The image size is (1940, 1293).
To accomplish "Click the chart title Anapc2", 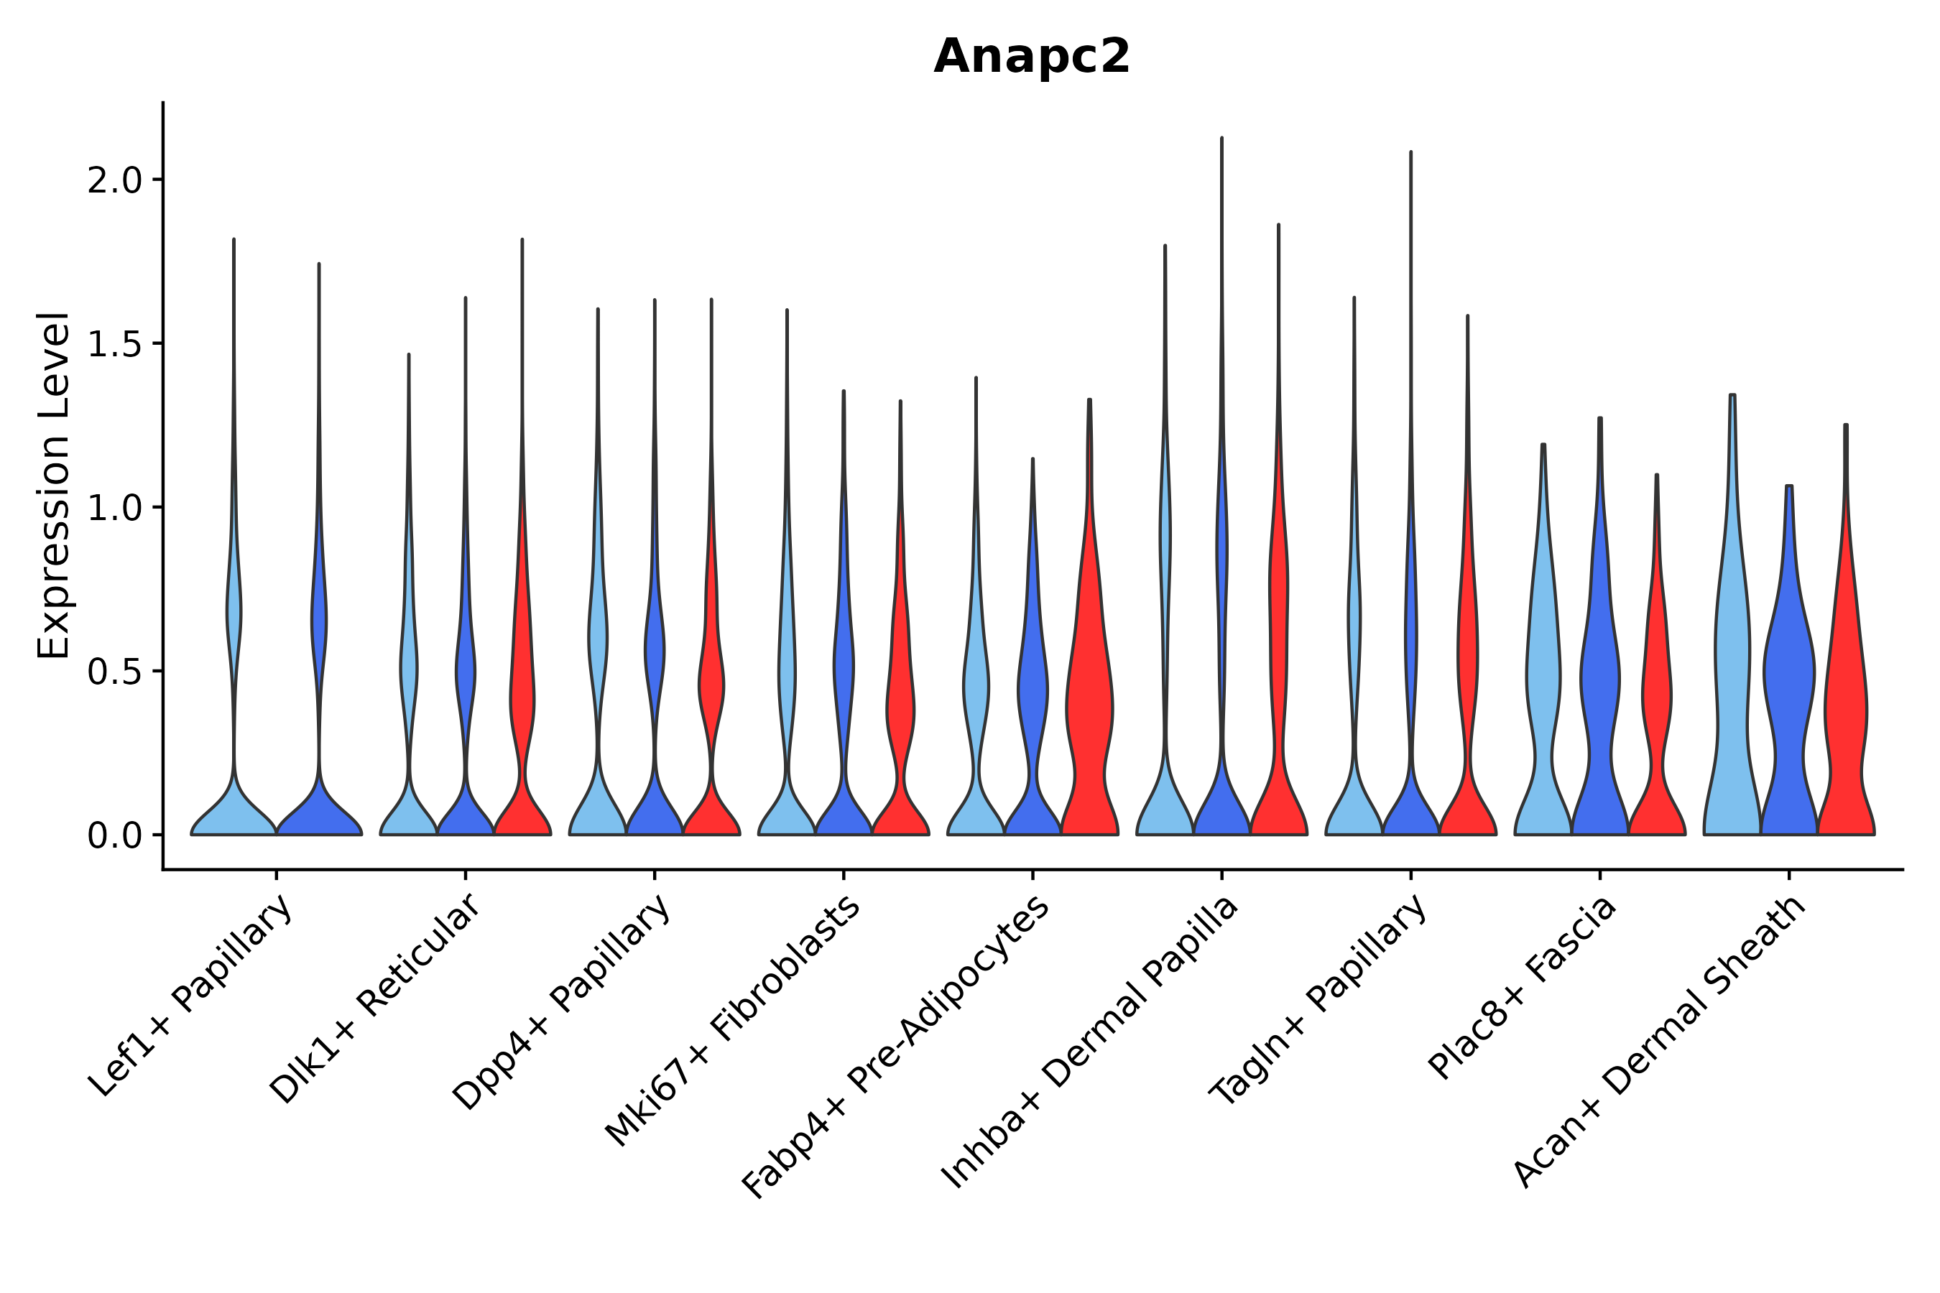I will (x=1031, y=57).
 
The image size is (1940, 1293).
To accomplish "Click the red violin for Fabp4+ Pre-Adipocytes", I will (x=1089, y=701).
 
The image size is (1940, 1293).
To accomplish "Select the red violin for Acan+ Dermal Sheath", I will (x=1846, y=701).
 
